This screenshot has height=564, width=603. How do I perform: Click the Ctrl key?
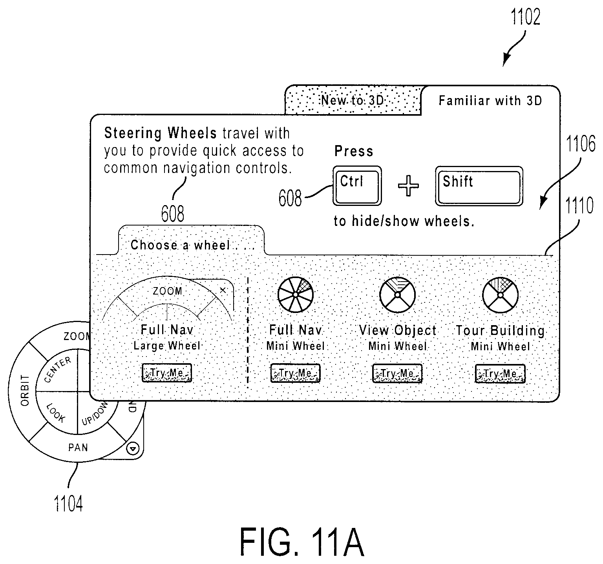(x=357, y=186)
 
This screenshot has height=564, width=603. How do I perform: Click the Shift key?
(x=479, y=186)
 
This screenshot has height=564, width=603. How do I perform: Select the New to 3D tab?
(x=353, y=100)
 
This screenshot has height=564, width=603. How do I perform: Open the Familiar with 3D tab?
(x=490, y=101)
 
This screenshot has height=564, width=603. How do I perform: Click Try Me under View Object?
(x=397, y=373)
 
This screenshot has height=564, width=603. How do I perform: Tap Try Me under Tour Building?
(x=500, y=373)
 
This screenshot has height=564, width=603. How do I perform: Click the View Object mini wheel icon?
(x=397, y=295)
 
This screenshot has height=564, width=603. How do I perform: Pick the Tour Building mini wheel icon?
(x=500, y=295)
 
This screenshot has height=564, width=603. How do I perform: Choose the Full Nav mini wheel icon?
(x=295, y=295)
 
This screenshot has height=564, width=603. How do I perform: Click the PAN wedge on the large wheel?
(x=78, y=447)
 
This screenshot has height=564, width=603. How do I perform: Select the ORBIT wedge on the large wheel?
(x=24, y=390)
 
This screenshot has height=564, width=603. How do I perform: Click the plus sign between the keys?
(x=408, y=186)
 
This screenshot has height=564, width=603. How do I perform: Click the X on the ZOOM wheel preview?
(x=223, y=290)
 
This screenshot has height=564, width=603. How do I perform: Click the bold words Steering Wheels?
(x=160, y=133)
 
